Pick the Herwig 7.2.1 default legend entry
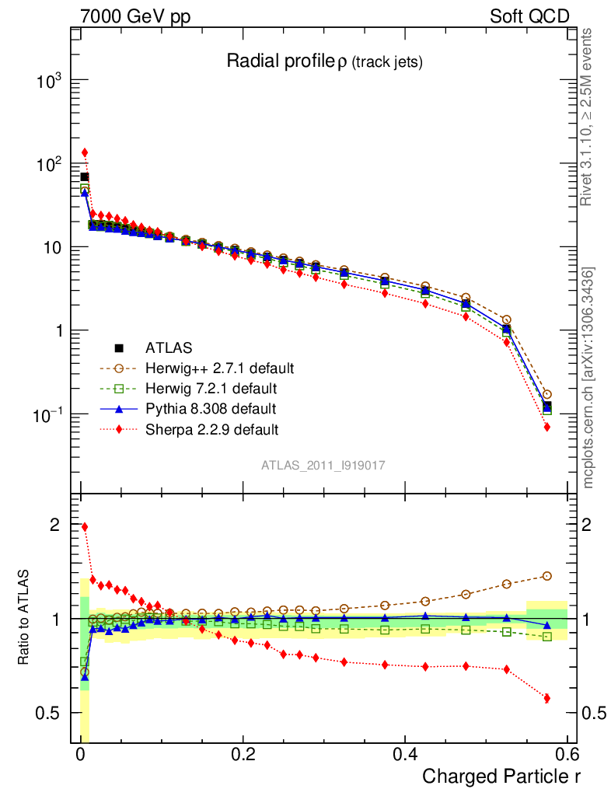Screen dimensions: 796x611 click(211, 388)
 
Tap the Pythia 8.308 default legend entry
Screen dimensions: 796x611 click(211, 408)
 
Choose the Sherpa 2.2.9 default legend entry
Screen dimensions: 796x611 click(212, 428)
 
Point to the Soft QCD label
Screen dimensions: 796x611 click(529, 16)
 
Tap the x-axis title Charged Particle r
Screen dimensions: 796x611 click(501, 776)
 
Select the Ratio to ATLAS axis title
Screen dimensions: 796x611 click(25, 617)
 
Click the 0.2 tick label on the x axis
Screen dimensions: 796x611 click(243, 754)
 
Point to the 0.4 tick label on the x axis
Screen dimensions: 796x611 click(405, 754)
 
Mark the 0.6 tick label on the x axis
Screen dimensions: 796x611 click(567, 754)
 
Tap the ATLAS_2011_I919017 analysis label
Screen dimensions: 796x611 click(323, 465)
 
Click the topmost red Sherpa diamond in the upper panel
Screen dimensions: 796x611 click(85, 152)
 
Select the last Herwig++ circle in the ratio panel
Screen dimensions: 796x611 click(547, 576)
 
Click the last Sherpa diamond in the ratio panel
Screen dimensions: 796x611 click(547, 698)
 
